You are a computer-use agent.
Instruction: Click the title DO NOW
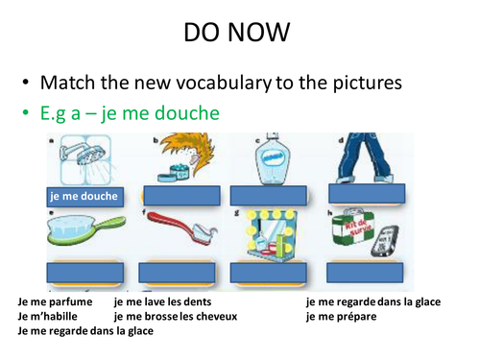click(x=239, y=35)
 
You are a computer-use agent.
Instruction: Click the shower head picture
click(x=82, y=158)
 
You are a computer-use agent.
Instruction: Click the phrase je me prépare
click(x=342, y=316)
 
